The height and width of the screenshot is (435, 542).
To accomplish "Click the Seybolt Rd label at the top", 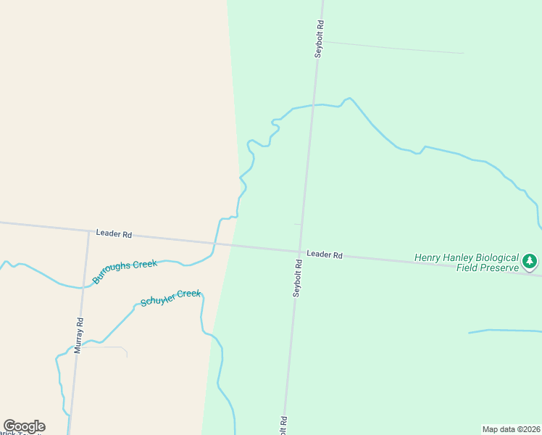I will click(318, 38).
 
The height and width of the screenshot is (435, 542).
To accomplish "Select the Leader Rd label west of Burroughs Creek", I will click(114, 234).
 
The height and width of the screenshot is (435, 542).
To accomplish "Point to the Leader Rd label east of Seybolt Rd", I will click(324, 254).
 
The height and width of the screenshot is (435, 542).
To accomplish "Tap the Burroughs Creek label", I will click(125, 271).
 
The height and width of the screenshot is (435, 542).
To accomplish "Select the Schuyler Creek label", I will click(170, 297).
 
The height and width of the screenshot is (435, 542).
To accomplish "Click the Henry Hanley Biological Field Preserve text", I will click(467, 262).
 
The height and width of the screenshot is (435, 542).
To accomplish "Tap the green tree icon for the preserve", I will click(530, 260).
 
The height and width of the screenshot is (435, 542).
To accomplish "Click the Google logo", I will click(24, 426).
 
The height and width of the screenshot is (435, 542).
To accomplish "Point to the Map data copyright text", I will click(512, 429).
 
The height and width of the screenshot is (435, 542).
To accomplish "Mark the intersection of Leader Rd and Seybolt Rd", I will click(299, 252).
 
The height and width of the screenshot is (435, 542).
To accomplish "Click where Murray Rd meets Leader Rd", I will click(88, 232).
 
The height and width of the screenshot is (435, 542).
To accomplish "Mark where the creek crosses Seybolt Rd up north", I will click(313, 105).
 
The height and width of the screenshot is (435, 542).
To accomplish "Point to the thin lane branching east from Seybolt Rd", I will click(391, 47).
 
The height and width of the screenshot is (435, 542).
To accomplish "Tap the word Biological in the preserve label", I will click(496, 257).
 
